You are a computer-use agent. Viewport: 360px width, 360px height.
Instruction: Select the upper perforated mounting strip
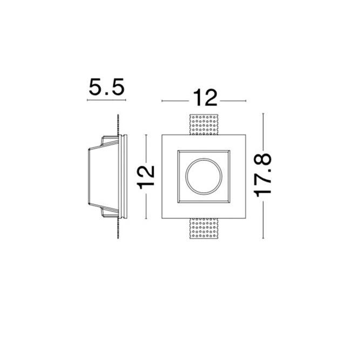tap(204, 125)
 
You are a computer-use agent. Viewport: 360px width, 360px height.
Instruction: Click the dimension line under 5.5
tap(106, 100)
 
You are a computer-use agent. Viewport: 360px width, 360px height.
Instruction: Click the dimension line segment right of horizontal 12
tap(233, 100)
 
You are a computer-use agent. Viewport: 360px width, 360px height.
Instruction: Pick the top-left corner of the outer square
tap(162, 134)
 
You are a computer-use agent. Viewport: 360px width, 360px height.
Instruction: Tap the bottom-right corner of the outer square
tap(246, 219)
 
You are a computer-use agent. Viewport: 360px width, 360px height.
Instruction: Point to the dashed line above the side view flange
tap(117, 124)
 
